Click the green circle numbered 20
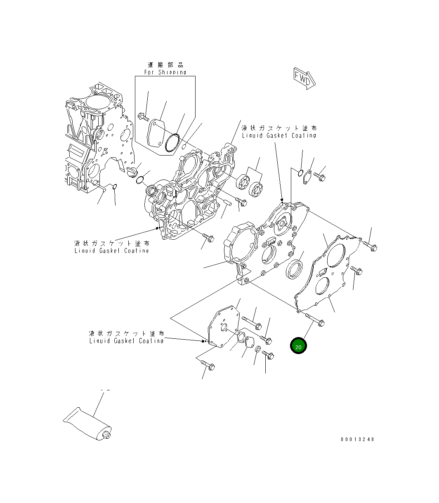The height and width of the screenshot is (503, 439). point(298,346)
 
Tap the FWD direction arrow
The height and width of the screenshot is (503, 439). point(304,78)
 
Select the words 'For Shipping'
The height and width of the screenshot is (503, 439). point(165,72)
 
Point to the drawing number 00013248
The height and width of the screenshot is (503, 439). point(357,439)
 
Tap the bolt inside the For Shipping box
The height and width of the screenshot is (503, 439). point(143,117)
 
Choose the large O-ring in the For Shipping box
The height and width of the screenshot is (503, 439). point(172,143)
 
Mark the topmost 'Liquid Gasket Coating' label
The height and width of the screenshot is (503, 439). point(279,135)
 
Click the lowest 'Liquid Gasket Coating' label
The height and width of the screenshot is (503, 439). point(126,341)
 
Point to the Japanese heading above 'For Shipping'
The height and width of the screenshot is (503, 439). point(165,65)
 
